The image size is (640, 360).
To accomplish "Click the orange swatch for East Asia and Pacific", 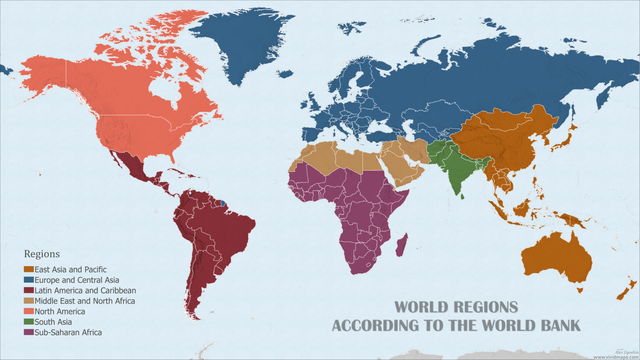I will point(29,270).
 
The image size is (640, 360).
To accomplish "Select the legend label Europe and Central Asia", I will point(77,280).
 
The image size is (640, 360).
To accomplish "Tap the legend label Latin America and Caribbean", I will point(85,290).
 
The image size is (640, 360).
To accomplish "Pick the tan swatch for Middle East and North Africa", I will point(29,301).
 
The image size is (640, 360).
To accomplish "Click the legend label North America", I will point(60,311).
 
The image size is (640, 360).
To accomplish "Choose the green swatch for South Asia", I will point(29,322).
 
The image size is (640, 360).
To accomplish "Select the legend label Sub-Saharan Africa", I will point(68,332).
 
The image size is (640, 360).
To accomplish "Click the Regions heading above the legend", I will point(42,254).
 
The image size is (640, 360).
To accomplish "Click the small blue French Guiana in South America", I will point(223,204).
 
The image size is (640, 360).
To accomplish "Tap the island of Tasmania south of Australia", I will point(580,289).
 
